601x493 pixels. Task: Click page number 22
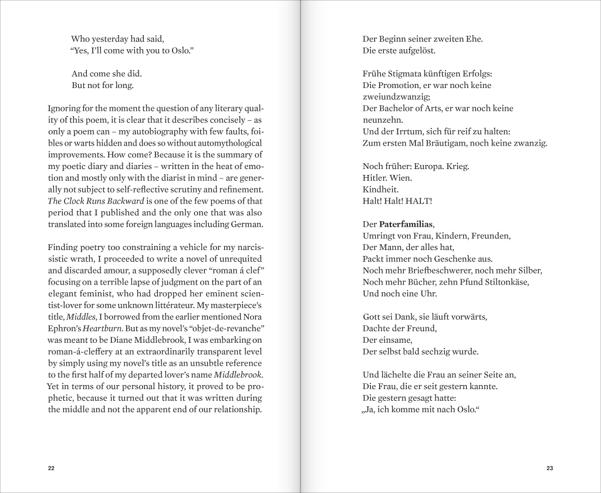[x=51, y=468]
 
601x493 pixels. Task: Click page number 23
[x=549, y=468]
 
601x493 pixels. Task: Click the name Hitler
[x=374, y=178]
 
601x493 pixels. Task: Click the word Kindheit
[x=380, y=190]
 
